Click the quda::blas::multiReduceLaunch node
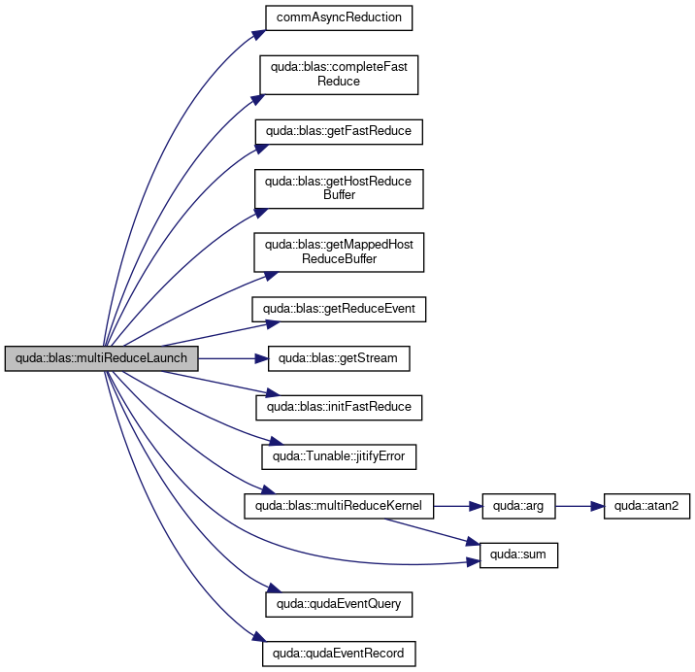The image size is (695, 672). (x=102, y=358)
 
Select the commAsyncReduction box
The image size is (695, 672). (x=339, y=17)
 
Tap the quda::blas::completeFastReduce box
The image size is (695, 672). (x=339, y=75)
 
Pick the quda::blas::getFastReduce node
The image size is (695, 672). (x=339, y=131)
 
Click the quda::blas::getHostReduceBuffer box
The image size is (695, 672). (x=339, y=188)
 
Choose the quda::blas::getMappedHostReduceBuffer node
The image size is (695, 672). (x=339, y=252)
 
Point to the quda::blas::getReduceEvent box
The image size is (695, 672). (x=339, y=309)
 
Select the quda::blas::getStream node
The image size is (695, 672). (x=339, y=358)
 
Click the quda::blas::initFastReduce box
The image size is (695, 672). (x=339, y=407)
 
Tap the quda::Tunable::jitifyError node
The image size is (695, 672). (x=339, y=456)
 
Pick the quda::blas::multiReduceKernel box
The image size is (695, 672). (x=339, y=506)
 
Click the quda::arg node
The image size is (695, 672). (x=518, y=506)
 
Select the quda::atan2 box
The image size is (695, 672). (x=646, y=506)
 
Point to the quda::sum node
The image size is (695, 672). (x=518, y=554)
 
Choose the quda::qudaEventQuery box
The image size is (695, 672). (x=339, y=604)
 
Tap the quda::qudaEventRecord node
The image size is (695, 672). (x=339, y=654)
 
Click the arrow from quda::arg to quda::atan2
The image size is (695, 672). (x=579, y=506)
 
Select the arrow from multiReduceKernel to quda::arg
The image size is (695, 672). (x=458, y=506)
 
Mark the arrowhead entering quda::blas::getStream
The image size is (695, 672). (x=261, y=358)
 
